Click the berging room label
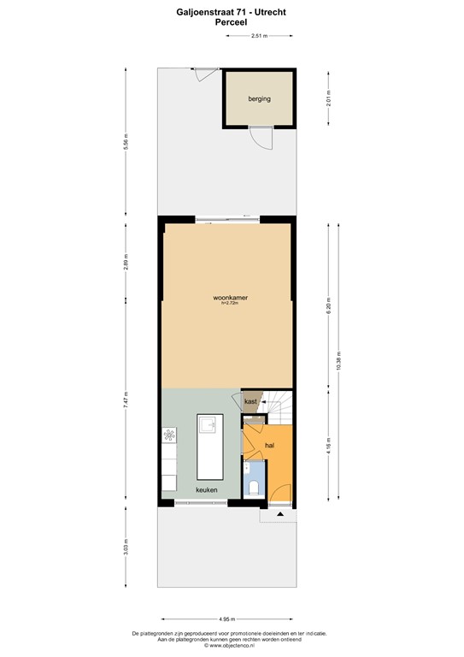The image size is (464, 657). (260, 99)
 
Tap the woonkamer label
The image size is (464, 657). (231, 298)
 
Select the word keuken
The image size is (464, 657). (206, 490)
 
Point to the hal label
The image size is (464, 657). (270, 447)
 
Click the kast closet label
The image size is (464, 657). (251, 401)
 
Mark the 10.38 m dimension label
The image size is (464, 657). (339, 359)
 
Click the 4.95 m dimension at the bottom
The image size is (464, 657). (226, 618)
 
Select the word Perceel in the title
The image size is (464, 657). (232, 24)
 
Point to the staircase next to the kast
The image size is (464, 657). (278, 408)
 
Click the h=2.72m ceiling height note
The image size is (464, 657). (231, 304)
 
